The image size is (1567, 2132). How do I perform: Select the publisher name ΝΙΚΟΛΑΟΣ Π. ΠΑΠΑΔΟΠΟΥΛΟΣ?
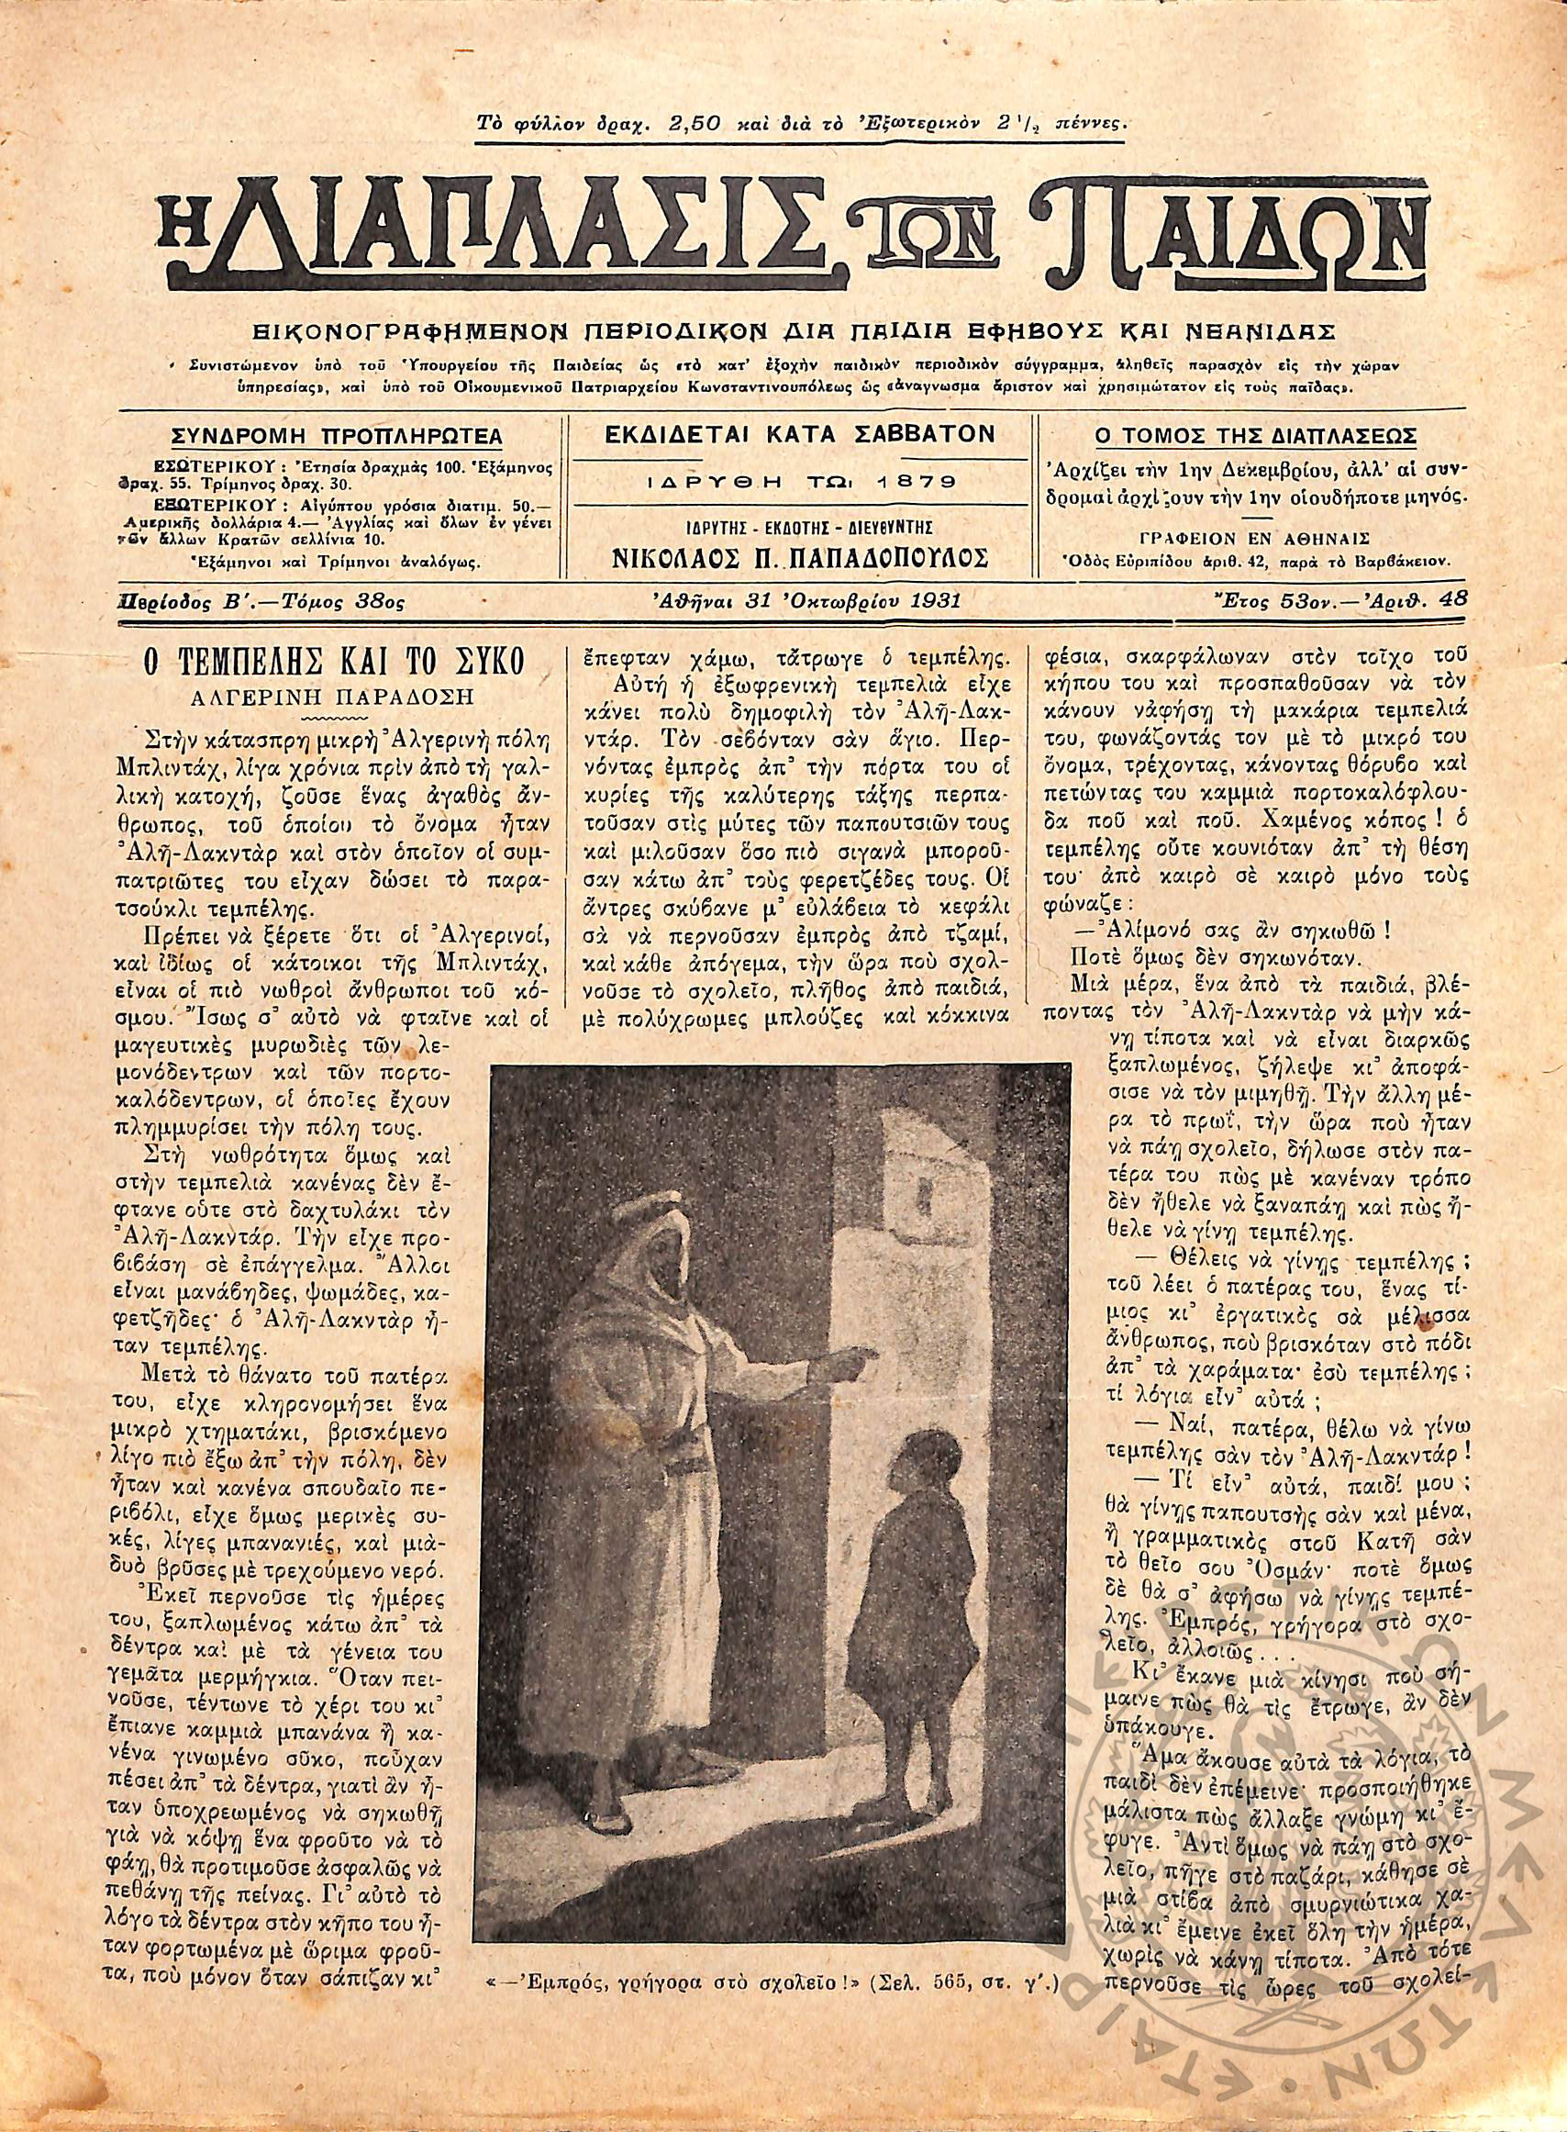799,558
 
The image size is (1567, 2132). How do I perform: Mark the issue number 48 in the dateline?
1452,597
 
